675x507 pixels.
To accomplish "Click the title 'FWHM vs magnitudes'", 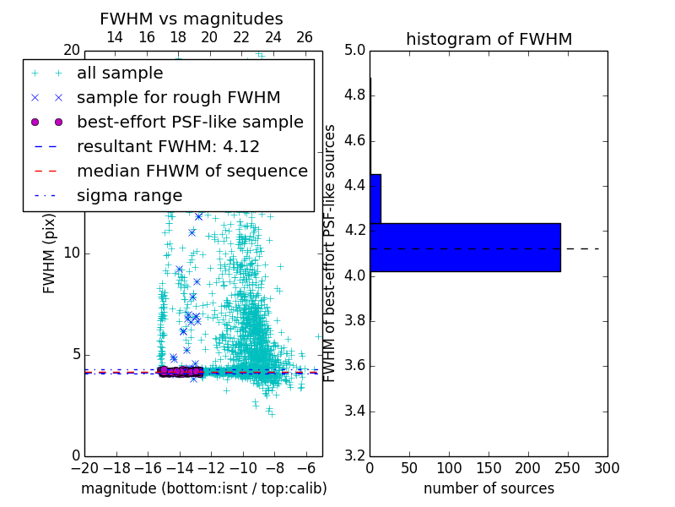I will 191,19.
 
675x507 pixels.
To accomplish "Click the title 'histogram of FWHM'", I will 489,40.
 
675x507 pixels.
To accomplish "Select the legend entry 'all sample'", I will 120,74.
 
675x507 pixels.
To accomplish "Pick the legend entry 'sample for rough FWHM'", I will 178,98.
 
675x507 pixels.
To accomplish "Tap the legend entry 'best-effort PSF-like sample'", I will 190,123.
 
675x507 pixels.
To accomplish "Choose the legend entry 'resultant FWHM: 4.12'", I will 168,147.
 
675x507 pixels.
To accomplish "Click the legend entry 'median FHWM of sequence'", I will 192,172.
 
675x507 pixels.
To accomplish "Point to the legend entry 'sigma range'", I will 129,196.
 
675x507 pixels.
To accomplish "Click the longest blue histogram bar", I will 465,247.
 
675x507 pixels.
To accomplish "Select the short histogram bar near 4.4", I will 375,199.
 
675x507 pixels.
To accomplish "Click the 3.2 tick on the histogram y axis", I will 354,456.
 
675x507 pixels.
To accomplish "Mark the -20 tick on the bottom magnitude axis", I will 84,467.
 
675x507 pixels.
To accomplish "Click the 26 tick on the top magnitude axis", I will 305,37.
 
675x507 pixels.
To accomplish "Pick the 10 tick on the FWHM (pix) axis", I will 73,253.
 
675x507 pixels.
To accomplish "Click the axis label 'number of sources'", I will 489,488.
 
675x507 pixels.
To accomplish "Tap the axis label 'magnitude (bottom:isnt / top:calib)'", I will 203,488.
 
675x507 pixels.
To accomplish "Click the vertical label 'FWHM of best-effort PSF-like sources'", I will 331,253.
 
